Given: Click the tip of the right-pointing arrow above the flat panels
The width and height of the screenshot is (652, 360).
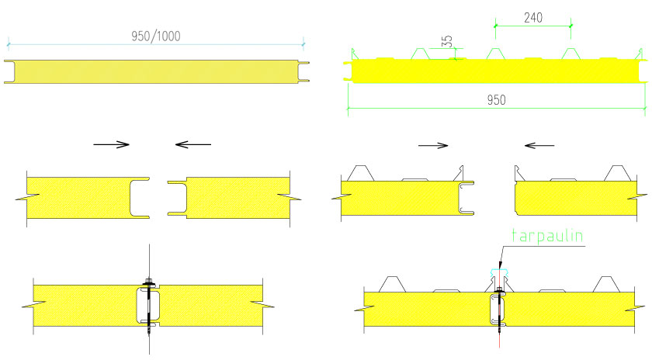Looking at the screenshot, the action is pyautogui.click(x=130, y=144).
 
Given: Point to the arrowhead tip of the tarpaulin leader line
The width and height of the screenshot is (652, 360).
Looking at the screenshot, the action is pyautogui.click(x=500, y=268).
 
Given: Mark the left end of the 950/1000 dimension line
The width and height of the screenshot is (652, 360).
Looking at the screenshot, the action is pyautogui.click(x=9, y=43).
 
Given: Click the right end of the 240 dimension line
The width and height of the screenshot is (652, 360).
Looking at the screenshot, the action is pyautogui.click(x=570, y=26).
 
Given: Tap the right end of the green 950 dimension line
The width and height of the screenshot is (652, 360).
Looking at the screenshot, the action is pyautogui.click(x=645, y=108).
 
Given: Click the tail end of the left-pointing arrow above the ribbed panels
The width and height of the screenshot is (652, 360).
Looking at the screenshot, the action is pyautogui.click(x=554, y=146).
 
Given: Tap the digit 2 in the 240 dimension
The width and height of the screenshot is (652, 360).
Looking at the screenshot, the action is pyautogui.click(x=527, y=18).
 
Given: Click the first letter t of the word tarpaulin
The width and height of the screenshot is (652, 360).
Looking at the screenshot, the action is pyautogui.click(x=515, y=236).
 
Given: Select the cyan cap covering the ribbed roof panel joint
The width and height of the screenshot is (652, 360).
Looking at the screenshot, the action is pyautogui.click(x=499, y=272).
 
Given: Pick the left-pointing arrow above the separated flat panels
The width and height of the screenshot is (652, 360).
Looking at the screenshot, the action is pyautogui.click(x=193, y=144).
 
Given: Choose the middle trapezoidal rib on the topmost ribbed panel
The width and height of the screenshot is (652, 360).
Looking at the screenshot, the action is pyautogui.click(x=496, y=54).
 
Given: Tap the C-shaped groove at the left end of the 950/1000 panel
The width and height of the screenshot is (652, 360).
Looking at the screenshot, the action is pyautogui.click(x=9, y=71).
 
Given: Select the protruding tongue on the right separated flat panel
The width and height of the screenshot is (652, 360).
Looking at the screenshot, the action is pyautogui.click(x=178, y=198).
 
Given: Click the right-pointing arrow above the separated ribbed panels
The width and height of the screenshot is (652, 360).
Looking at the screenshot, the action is pyautogui.click(x=433, y=146).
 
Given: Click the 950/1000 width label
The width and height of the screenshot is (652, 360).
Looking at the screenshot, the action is pyautogui.click(x=156, y=36).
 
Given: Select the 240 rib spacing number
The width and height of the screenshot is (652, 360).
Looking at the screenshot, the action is pyautogui.click(x=533, y=18).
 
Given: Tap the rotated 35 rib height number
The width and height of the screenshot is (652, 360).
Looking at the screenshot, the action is pyautogui.click(x=446, y=41).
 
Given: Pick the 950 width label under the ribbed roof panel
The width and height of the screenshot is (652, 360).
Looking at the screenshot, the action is pyautogui.click(x=497, y=100).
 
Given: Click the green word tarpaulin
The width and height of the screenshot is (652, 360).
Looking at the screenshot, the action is pyautogui.click(x=547, y=236).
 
